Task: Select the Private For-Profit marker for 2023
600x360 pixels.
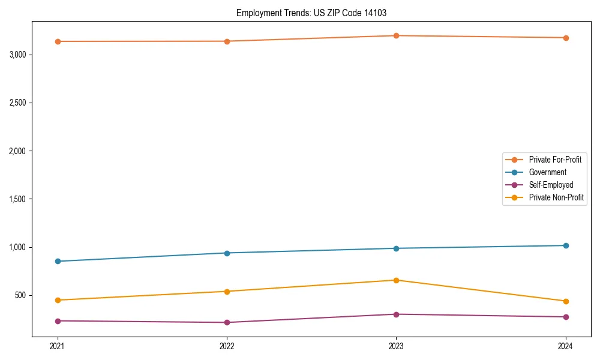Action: coord(396,35)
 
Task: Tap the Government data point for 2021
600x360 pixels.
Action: coord(58,261)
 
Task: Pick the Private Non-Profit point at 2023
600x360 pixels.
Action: coord(396,280)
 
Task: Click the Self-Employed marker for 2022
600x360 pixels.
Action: coord(227,322)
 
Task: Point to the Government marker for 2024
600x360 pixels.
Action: coord(566,245)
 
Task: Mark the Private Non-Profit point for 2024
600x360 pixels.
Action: coord(566,301)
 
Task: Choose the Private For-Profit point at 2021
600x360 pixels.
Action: coord(58,41)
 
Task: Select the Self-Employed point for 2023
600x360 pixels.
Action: coord(396,314)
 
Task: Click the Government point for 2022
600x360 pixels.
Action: coord(227,253)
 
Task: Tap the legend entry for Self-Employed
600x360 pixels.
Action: coord(551,185)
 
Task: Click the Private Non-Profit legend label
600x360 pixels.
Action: coord(556,197)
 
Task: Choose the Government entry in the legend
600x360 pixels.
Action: coord(547,172)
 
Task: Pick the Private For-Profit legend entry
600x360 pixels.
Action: coord(554,160)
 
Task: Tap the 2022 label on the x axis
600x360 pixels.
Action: coord(227,346)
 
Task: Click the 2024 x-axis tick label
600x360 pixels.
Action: coord(566,346)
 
